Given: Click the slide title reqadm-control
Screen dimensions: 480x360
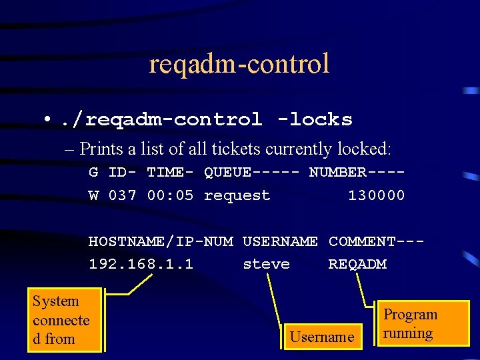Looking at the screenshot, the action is (239, 64).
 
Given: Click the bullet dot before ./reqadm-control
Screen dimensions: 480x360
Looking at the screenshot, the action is (47, 119).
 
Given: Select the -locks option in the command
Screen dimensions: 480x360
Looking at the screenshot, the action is (315, 120).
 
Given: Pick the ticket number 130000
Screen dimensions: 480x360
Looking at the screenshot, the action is (376, 195).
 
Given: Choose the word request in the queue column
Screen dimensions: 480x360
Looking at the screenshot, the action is (237, 195).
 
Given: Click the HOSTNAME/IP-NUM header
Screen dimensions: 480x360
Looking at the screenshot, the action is (161, 241).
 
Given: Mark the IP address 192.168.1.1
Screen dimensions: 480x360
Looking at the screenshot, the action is (141, 264).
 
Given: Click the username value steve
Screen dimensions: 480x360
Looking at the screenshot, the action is (266, 264).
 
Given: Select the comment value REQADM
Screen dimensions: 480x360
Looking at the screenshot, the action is (357, 264).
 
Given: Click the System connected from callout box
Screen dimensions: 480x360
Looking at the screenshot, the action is (64, 320).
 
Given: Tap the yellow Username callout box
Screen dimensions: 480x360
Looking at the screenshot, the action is (322, 337).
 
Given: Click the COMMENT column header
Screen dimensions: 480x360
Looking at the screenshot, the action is (376, 241).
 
